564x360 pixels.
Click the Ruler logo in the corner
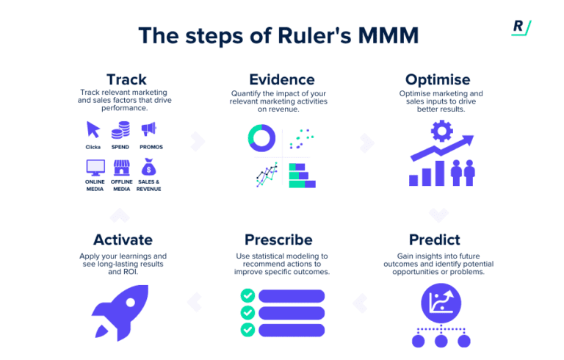coord(521,27)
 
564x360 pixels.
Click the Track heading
coord(126,79)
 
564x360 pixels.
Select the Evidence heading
coord(282,79)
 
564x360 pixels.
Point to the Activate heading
coord(123,240)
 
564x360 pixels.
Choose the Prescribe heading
coord(282,240)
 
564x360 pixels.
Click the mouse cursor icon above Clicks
coord(93,130)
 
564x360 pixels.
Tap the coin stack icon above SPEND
coord(120,130)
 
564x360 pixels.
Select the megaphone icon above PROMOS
coord(149,130)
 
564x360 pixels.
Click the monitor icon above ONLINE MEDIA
coord(93,167)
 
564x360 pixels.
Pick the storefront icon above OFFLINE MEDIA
coord(120,167)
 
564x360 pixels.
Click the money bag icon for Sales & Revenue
coord(149,167)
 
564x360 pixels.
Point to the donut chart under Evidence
coord(261,137)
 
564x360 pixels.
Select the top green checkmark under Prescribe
coord(248,295)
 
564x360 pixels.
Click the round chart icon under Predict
coord(441,300)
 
